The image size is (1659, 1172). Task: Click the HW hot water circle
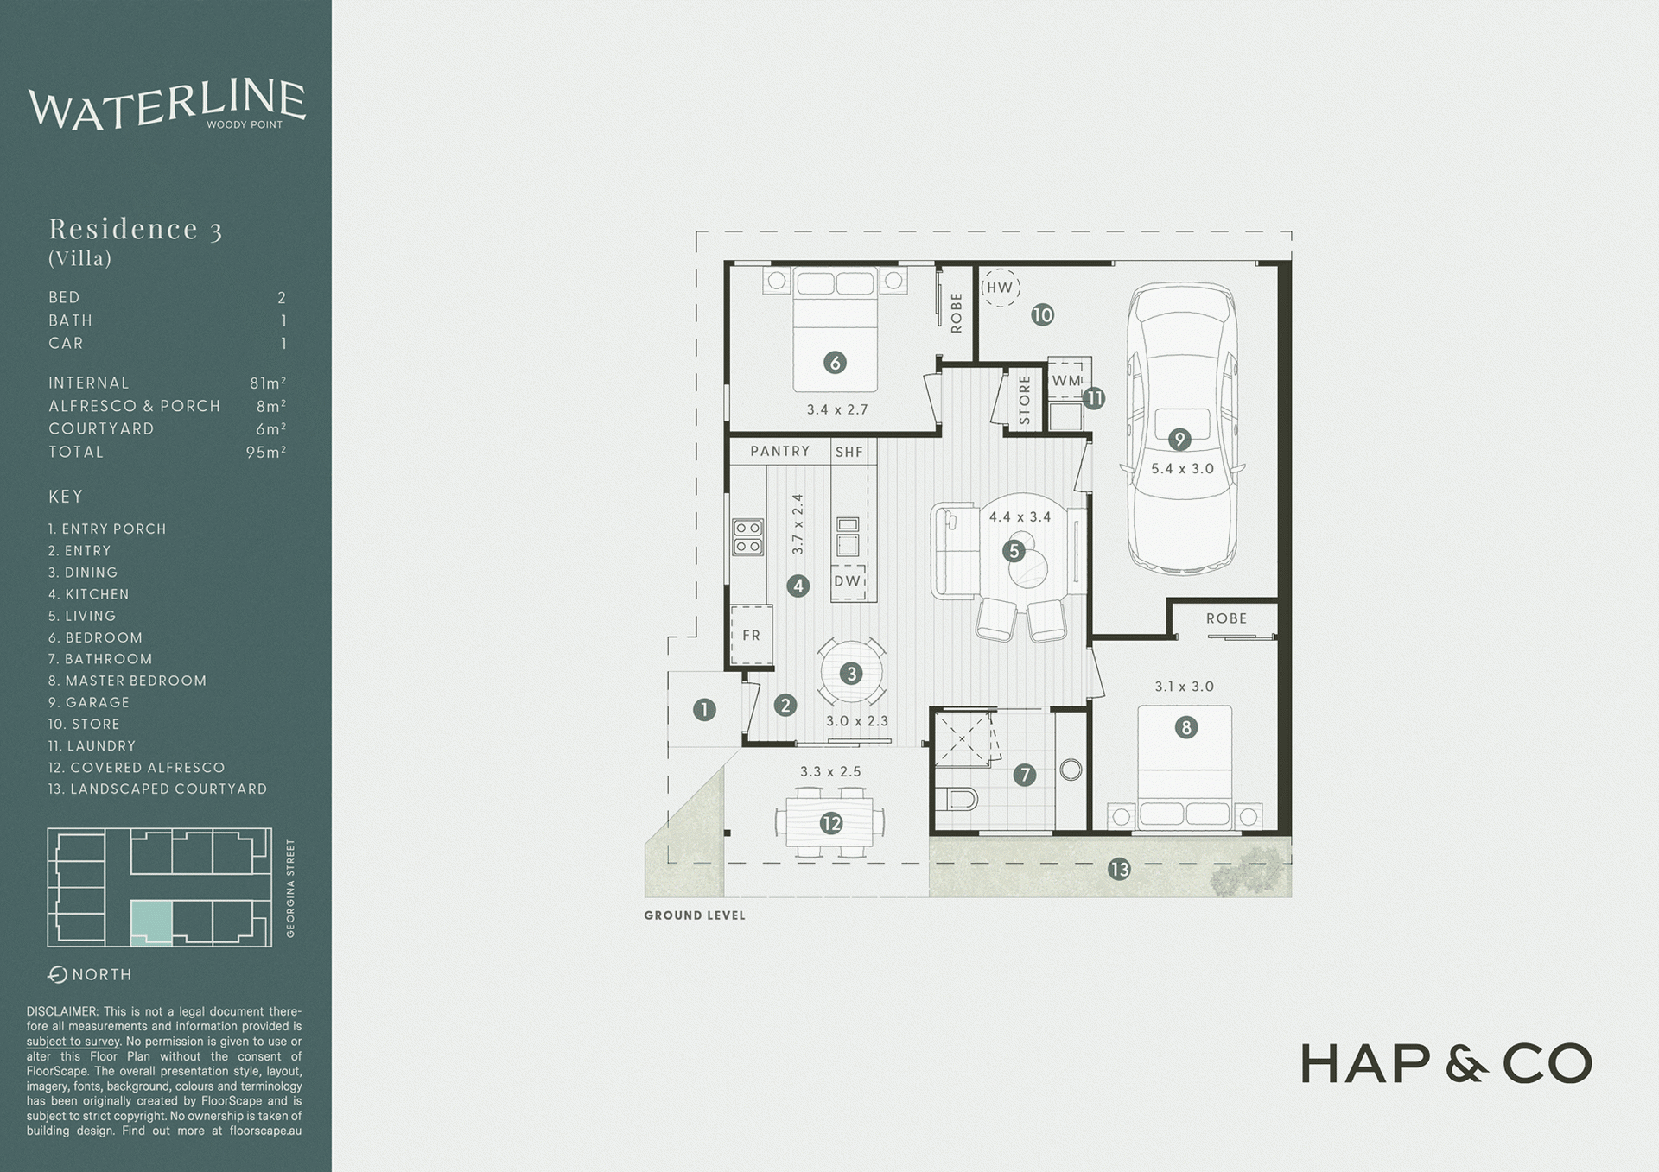(x=1000, y=288)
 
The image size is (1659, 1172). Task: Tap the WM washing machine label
(x=1066, y=381)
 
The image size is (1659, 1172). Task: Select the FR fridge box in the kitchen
(x=751, y=635)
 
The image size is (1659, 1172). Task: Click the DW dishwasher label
(x=848, y=581)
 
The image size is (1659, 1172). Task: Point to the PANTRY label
(x=779, y=451)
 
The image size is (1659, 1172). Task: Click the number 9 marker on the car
(x=1179, y=440)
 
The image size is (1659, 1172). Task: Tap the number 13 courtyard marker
(x=1119, y=870)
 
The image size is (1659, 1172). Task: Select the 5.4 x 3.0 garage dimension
(x=1182, y=469)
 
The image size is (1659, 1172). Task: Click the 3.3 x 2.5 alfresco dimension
(x=830, y=772)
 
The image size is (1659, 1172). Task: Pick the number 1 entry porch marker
(x=704, y=710)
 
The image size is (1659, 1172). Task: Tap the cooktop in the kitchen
(x=748, y=536)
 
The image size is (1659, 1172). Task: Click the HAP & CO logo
(x=1446, y=1063)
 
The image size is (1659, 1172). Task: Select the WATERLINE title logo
(x=167, y=105)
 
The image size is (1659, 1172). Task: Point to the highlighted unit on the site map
(x=151, y=922)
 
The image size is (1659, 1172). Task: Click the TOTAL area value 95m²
(x=265, y=452)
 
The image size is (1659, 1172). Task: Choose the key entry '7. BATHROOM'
(x=100, y=659)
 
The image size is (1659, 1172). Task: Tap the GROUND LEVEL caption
(x=695, y=915)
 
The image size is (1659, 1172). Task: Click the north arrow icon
(x=58, y=974)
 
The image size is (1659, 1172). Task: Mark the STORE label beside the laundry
(x=1025, y=399)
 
